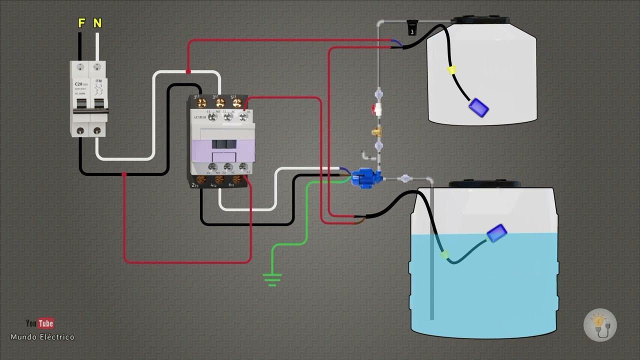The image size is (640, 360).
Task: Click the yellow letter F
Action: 81,23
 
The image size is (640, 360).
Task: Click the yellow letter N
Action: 97,23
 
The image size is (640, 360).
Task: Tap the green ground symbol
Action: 272,279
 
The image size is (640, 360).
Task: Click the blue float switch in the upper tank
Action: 478,107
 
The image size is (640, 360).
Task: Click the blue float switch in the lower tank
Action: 497,233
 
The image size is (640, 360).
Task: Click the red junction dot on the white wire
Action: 188,72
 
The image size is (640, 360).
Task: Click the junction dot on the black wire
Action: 124,174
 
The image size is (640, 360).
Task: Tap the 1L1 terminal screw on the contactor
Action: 201,103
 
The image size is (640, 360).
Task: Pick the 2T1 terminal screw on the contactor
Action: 201,179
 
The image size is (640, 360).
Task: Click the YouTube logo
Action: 40,323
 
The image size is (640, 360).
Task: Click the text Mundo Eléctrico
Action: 42,337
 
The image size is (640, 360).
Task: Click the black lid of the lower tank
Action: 484,184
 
